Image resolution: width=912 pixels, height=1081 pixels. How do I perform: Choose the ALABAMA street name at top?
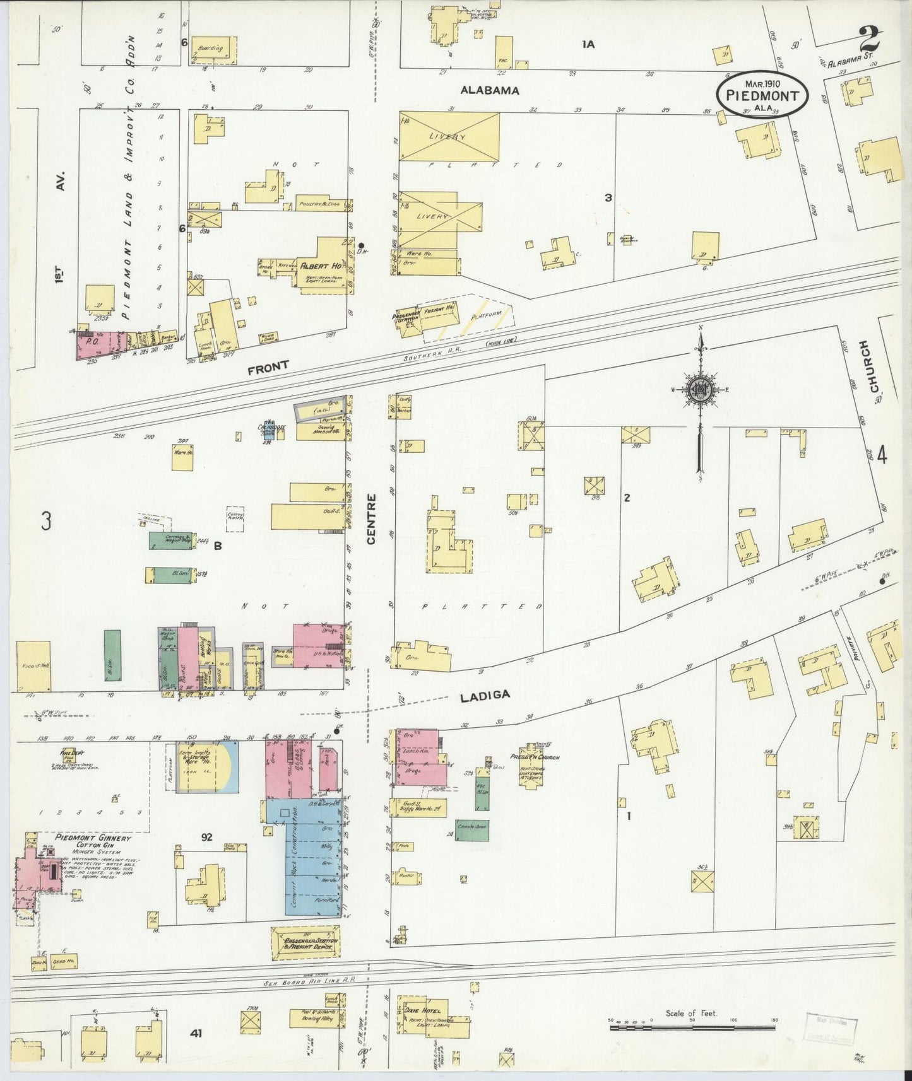coord(489,90)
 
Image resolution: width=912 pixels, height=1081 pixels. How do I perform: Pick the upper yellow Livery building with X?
coord(449,136)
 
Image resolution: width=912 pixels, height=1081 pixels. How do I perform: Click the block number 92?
coord(206,837)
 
